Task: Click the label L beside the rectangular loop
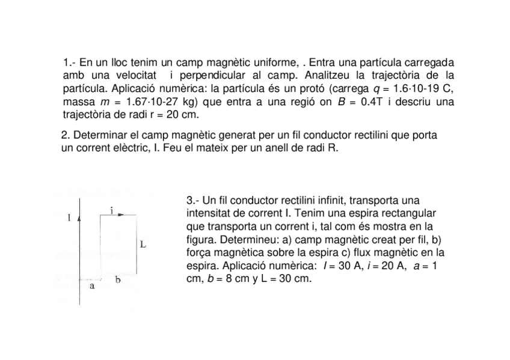143,245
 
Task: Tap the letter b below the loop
118,279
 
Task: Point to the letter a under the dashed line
92,287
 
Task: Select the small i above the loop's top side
112,210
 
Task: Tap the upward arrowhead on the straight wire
80,215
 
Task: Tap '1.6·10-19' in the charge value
407,88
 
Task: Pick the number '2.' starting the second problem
66,135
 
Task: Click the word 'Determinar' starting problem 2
99,135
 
